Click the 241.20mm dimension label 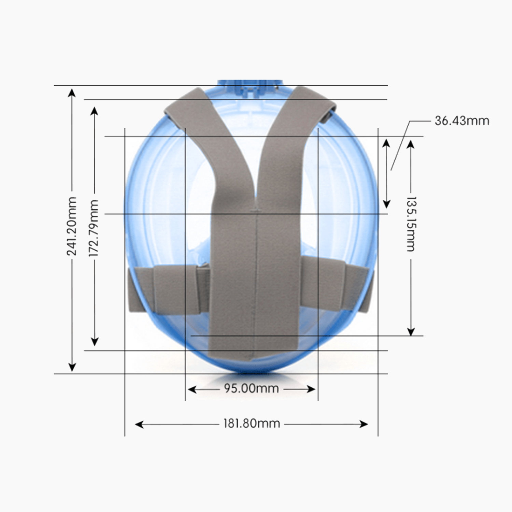(72, 226)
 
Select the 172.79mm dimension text (94, 228)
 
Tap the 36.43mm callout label (461, 121)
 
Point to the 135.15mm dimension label (411, 224)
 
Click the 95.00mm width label (251, 388)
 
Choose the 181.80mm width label (252, 424)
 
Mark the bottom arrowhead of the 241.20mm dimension (72, 367)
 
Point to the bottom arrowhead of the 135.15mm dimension (411, 331)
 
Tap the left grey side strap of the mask (167, 288)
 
